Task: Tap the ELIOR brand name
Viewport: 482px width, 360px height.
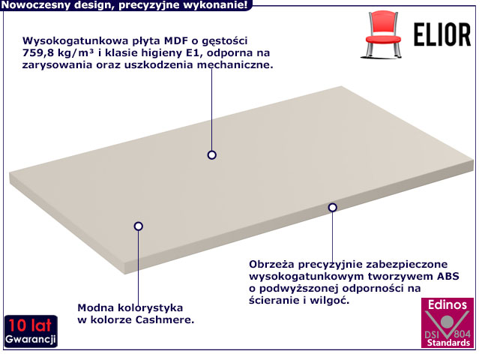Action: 442,34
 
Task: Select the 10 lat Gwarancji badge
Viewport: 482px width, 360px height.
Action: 31,331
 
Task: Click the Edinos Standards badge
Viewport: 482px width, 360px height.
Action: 448,322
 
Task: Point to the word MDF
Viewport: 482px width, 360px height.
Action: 176,40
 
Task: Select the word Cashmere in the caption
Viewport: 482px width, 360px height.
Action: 164,319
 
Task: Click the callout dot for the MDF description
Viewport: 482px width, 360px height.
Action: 212,155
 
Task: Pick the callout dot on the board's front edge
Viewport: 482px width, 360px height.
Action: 332,208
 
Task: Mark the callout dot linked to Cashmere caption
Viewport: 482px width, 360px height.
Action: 139,226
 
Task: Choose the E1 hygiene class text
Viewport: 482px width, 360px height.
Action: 193,53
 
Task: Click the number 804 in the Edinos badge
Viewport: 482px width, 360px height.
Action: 462,334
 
